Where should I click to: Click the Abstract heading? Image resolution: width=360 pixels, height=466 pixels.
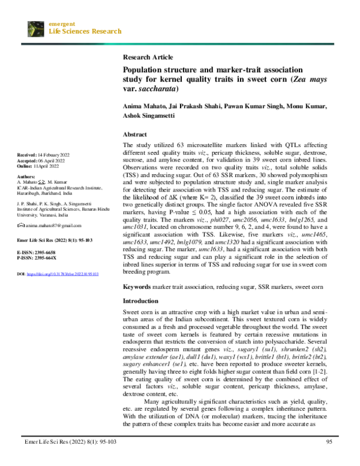(x=135, y=135)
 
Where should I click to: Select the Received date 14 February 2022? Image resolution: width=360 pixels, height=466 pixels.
(x=55, y=156)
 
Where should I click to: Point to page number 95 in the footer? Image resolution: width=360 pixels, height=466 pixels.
(x=328, y=459)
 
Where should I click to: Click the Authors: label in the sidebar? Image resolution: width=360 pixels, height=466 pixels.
(x=27, y=178)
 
